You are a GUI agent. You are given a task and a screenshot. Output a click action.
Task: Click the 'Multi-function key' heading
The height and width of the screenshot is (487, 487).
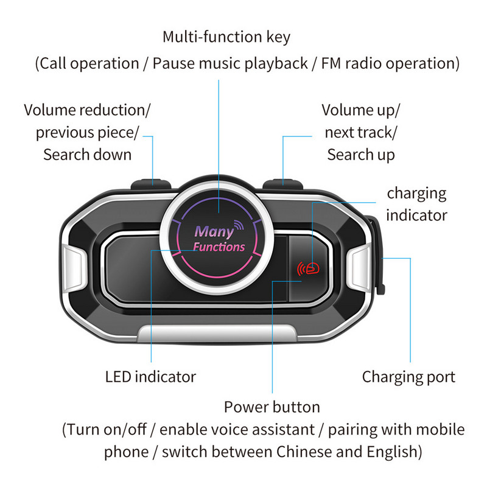[x=226, y=37]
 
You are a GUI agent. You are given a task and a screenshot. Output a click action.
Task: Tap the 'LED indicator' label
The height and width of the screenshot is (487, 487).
[x=150, y=377]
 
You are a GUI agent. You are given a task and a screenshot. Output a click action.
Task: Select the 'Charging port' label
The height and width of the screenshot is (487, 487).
[x=408, y=377]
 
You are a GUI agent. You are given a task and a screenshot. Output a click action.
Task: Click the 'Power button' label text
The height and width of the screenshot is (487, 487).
[x=272, y=407]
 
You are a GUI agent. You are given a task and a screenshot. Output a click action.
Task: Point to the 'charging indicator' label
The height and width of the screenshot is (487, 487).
[x=417, y=204]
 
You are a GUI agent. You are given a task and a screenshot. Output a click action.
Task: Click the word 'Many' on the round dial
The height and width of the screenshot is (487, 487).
[x=214, y=232]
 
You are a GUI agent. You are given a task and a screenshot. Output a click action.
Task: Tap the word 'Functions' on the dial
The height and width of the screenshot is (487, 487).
[x=219, y=247]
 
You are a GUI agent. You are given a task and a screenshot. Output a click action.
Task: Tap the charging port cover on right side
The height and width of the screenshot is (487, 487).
[x=378, y=256]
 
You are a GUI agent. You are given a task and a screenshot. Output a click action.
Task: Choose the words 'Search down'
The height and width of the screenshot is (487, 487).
[x=87, y=155]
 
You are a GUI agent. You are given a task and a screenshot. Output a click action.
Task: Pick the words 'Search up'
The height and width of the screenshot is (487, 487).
[x=360, y=155]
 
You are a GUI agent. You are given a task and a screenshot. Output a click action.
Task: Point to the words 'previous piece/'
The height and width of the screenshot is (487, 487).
[x=87, y=132]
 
